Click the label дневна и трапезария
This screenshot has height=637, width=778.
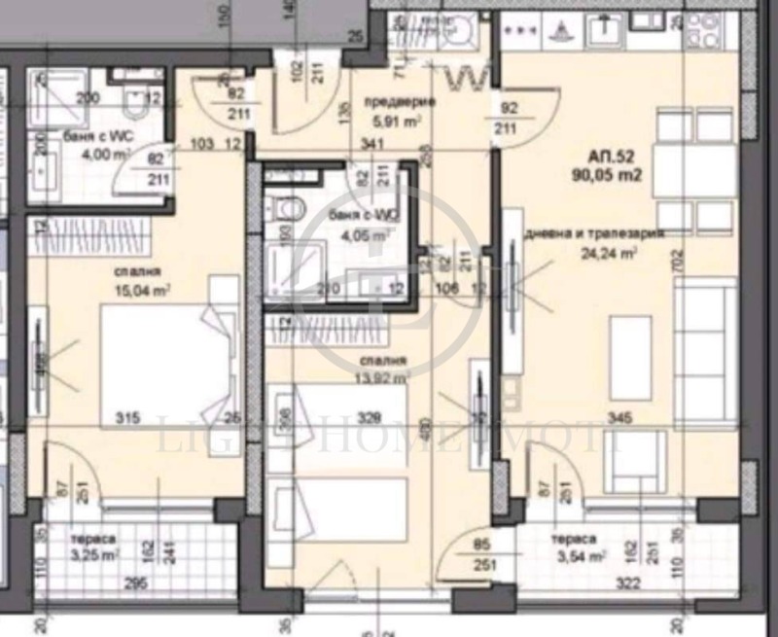[x=593, y=234]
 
